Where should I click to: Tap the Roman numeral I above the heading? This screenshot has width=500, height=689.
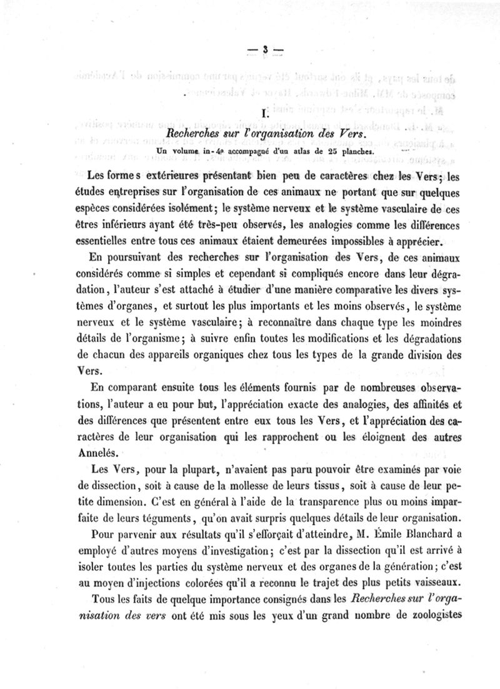click(266, 114)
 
